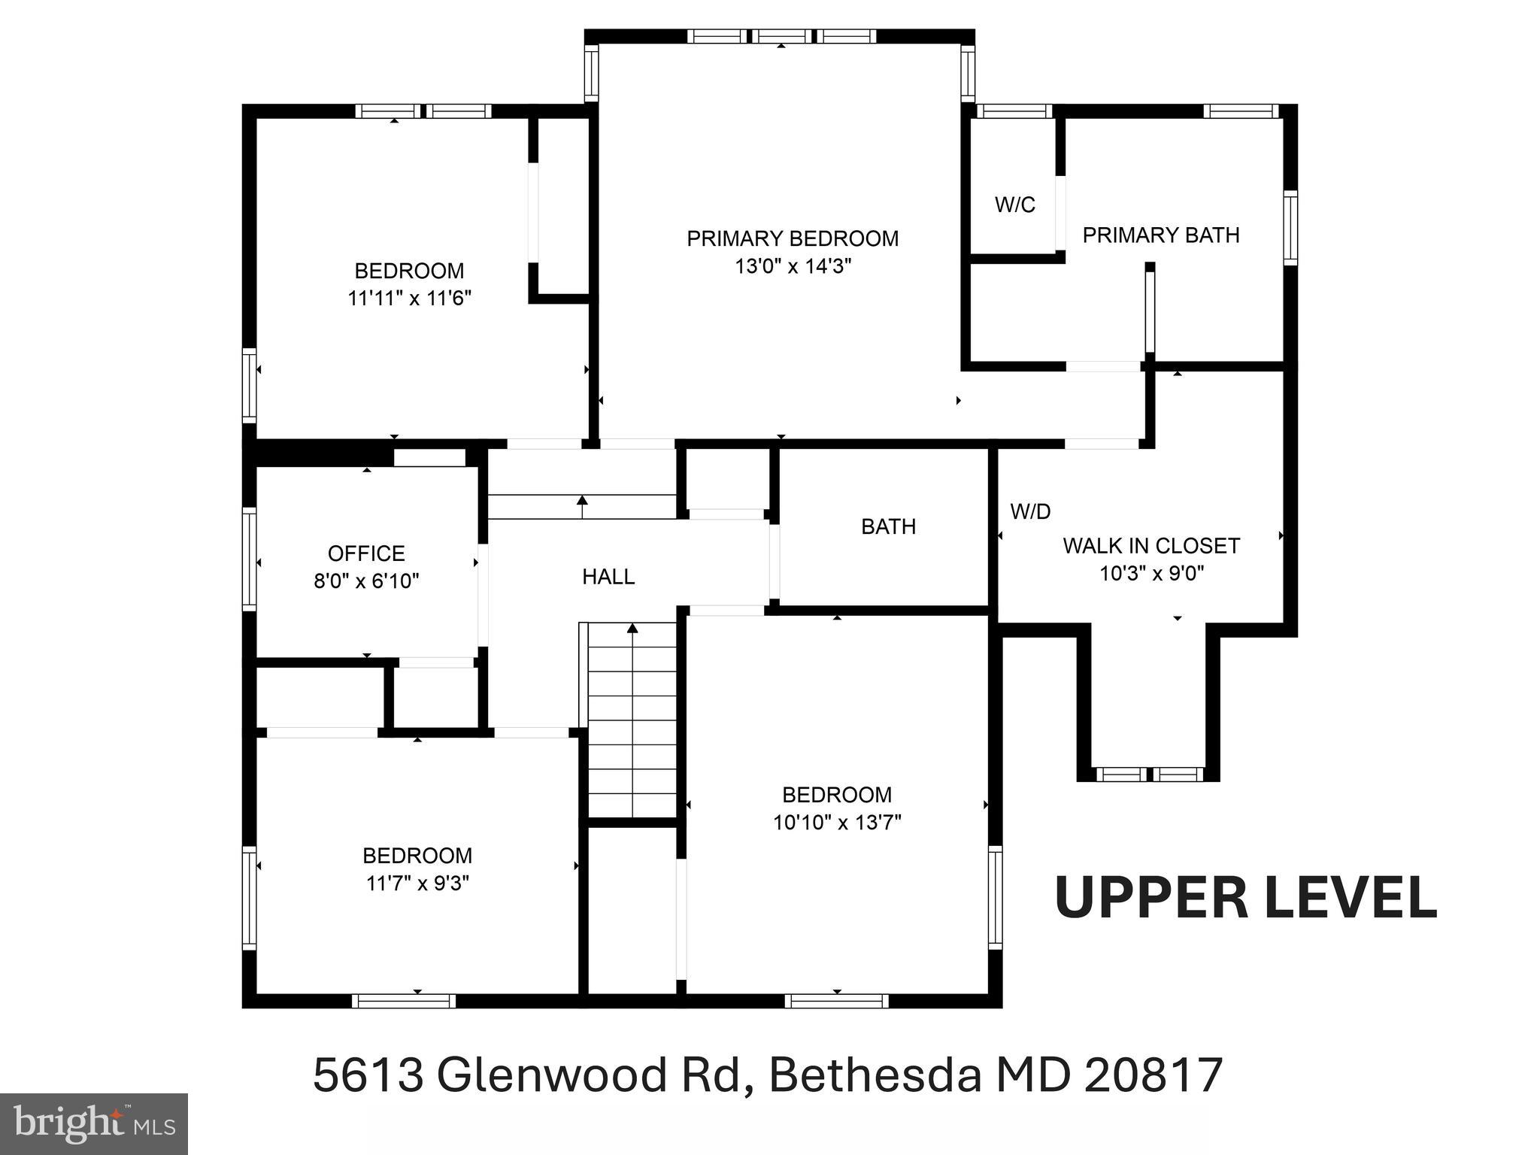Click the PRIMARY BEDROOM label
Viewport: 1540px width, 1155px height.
point(792,239)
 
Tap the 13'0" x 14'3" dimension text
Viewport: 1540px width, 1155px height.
point(792,267)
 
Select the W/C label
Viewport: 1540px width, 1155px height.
point(1014,205)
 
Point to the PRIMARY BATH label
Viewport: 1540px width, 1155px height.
point(1160,235)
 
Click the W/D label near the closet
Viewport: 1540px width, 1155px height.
point(1029,512)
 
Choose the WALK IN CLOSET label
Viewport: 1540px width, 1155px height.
point(1150,546)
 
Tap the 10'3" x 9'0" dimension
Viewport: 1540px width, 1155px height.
point(1151,574)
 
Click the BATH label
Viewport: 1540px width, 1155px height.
point(888,526)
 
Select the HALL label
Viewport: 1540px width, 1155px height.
point(608,577)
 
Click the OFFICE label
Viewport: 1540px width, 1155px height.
point(366,553)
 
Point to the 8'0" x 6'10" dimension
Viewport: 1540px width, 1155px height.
point(366,581)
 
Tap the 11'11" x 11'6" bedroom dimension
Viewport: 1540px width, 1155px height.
point(409,299)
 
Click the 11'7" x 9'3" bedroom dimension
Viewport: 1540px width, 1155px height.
point(417,883)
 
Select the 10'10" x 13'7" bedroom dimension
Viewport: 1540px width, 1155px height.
point(836,823)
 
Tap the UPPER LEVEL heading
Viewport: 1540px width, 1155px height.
point(1246,899)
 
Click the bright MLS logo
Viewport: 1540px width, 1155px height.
point(93,1123)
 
